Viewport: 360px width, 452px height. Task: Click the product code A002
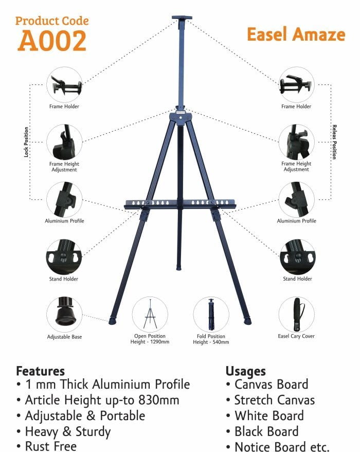click(52, 40)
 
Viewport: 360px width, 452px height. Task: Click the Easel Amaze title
click(296, 34)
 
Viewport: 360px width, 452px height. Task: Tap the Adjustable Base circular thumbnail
click(64, 315)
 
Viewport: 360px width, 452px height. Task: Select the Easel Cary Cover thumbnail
click(296, 315)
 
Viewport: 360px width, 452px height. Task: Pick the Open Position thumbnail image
click(150, 315)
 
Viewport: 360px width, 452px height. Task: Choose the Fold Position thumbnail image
click(211, 315)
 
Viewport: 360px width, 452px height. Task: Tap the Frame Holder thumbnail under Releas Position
click(296, 84)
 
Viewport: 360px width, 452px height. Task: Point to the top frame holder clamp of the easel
click(182, 19)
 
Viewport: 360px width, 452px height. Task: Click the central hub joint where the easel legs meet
click(181, 117)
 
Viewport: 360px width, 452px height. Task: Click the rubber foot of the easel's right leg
click(248, 321)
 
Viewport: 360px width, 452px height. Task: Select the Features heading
click(40, 371)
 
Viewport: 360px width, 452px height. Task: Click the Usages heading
click(245, 371)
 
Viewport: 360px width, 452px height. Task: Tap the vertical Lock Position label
click(26, 142)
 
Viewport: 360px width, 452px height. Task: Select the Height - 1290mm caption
click(150, 342)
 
